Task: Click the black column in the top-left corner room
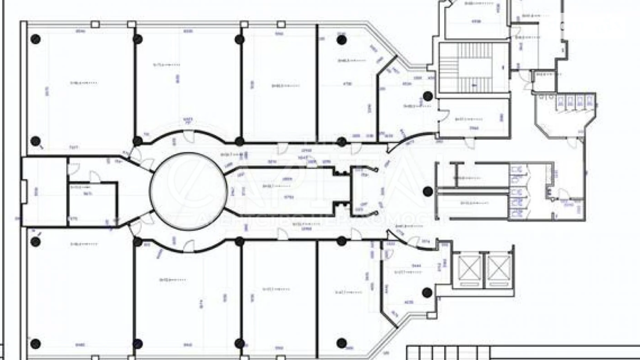point(36,39)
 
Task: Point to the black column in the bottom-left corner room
point(36,344)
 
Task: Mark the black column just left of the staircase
point(428,96)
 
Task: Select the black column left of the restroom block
point(428,191)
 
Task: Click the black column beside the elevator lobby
point(427,293)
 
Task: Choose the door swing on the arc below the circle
point(189,245)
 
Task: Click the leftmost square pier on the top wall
point(95,24)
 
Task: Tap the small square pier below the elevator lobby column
point(431,316)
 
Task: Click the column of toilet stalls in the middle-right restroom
point(517,191)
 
